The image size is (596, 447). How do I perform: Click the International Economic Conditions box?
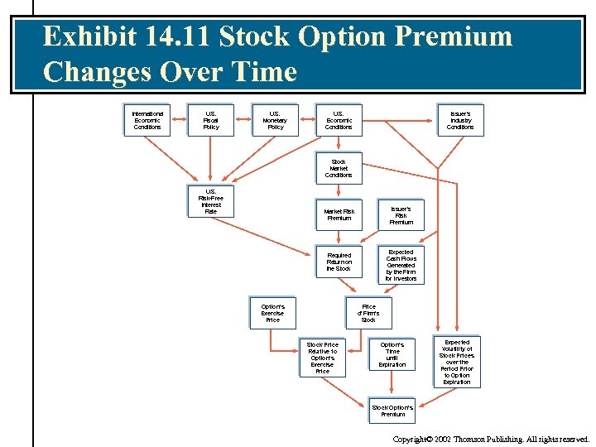147,120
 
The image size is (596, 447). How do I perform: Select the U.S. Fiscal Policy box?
211,120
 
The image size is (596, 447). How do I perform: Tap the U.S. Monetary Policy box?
275,120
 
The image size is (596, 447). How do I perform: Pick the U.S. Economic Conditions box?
338,120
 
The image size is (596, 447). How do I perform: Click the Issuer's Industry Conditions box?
460,120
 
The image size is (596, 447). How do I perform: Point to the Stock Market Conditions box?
338,168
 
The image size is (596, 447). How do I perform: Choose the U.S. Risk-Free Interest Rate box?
210,201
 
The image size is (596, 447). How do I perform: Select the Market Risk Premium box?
339,215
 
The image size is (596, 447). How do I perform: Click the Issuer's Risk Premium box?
401,215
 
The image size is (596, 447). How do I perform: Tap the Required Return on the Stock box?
339,262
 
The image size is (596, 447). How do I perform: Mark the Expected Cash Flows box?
401,265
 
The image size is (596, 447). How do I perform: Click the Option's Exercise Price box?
272,313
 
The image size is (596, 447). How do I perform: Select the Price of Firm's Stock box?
368,313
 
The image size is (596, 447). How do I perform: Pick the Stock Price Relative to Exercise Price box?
322,358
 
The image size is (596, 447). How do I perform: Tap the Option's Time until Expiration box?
392,354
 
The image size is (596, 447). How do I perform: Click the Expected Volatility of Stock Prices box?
456,362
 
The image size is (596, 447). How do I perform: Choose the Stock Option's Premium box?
392,411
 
